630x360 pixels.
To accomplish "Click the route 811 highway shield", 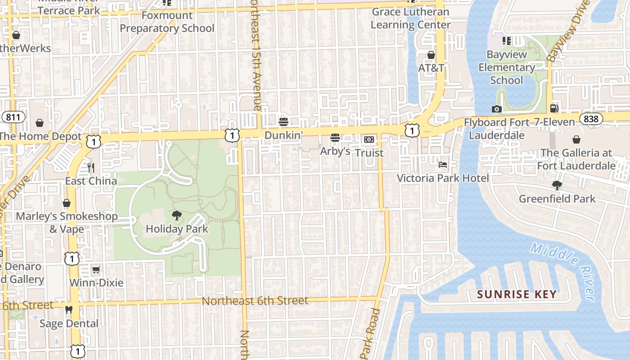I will [13, 117].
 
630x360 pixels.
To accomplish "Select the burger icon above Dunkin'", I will [283, 121].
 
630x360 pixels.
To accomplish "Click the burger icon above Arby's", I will [335, 138].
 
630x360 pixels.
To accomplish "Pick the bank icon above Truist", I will [369, 139].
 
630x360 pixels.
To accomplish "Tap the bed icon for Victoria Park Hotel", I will [443, 165].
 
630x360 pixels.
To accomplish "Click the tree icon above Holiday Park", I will [177, 215].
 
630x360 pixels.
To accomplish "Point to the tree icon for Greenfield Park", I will [557, 185].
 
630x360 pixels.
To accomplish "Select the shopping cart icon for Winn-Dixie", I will [96, 270].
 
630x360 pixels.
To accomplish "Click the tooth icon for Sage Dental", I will [69, 310].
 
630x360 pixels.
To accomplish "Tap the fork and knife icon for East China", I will [91, 168].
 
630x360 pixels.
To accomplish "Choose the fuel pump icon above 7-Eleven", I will [554, 108].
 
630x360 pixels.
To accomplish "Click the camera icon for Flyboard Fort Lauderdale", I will [496, 109].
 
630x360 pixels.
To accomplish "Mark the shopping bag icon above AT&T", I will [431, 55].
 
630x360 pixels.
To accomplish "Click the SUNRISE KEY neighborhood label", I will [517, 295].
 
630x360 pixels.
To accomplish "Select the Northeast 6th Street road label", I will [255, 301].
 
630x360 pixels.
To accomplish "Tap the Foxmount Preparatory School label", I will [167, 22].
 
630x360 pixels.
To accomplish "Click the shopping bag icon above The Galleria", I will [576, 139].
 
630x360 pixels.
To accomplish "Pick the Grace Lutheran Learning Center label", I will [410, 18].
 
